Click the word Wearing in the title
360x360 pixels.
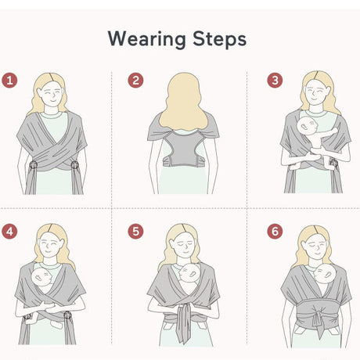[147, 39]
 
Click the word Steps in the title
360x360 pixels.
[219, 38]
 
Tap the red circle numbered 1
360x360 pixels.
[9, 81]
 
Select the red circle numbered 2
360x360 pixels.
[135, 81]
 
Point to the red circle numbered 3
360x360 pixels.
[275, 81]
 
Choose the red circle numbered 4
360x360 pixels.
[9, 232]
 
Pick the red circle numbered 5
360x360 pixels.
[135, 232]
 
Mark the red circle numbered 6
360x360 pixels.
[275, 232]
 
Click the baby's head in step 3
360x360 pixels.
[308, 127]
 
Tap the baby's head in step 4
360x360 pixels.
[41, 277]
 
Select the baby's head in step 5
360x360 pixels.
[189, 273]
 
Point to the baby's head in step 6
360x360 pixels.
[325, 273]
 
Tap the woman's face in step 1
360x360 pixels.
[52, 94]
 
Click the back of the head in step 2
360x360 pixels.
[183, 102]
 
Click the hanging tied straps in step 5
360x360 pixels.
[184, 323]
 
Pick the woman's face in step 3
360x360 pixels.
[317, 93]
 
